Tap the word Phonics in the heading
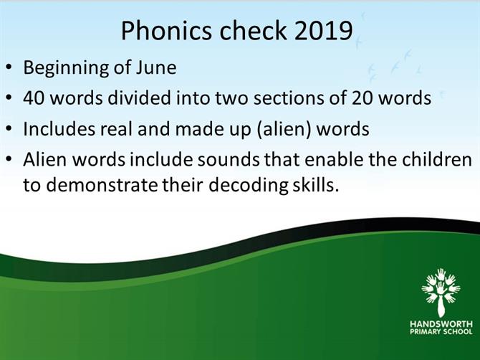tap(166, 31)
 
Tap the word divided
tap(138, 98)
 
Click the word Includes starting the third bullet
tap(59, 128)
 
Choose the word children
tap(437, 159)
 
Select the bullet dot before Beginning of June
tap(10, 67)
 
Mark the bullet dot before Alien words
tap(10, 159)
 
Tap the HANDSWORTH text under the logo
tap(441, 324)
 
